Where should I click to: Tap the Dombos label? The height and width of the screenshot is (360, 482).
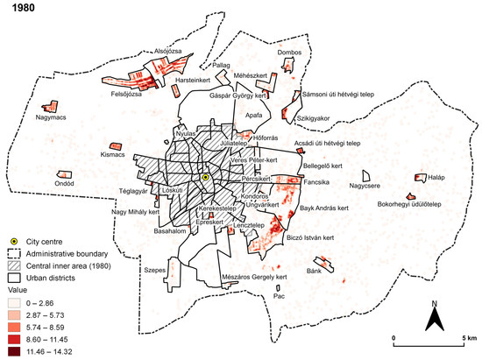(x=290, y=52)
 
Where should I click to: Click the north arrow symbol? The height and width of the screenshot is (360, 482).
(x=433, y=315)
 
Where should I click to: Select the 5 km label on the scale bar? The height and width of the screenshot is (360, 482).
(x=464, y=337)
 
